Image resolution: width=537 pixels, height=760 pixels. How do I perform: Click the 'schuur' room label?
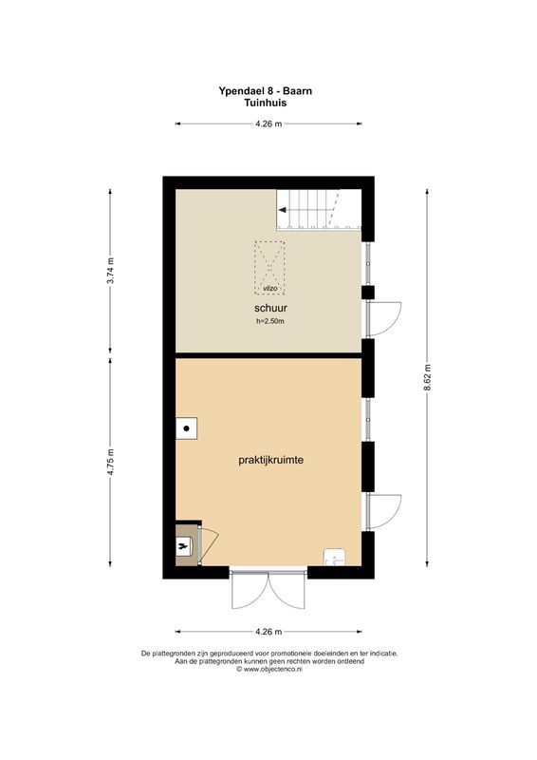270,309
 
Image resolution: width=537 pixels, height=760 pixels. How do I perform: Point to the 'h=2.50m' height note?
270,323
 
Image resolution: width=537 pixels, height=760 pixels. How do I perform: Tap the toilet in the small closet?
184,546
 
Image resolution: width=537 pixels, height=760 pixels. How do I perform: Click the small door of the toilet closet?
208,544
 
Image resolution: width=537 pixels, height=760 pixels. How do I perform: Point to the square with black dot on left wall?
188,428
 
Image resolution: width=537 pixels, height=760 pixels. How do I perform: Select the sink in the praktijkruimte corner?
335,558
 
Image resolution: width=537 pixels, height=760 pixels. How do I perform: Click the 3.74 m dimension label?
111,272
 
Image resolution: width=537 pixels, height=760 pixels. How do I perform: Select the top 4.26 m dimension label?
268,124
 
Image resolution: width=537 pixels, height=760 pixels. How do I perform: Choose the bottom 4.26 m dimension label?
268,632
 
